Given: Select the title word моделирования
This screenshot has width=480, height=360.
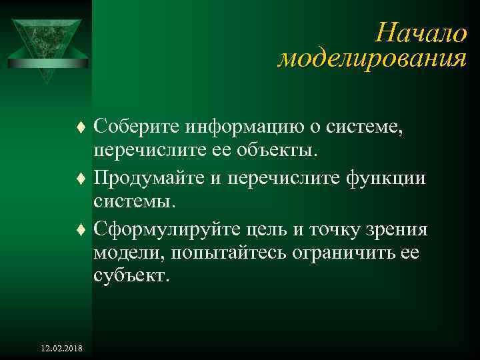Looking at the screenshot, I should click(372, 59).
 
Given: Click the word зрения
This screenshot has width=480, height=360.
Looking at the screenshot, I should click(400, 230).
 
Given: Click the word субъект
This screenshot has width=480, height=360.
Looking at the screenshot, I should click(128, 276).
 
